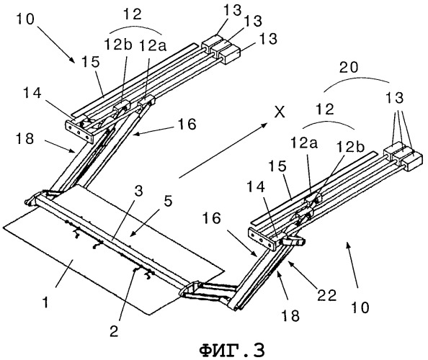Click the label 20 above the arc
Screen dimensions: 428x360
click(349, 67)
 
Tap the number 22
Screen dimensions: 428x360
click(326, 295)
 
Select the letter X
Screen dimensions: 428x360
click(280, 112)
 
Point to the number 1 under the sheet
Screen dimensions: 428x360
click(46, 302)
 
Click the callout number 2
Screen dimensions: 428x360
click(114, 331)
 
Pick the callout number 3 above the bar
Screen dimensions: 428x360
click(138, 192)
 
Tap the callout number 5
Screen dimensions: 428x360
click(168, 202)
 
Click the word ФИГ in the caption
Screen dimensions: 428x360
click(220, 351)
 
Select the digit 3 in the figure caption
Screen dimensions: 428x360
click(258, 351)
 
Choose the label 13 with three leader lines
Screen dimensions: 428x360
click(394, 97)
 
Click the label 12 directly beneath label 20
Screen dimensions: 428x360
click(326, 109)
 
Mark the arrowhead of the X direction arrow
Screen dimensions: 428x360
click(264, 125)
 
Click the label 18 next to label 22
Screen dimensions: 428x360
click(290, 315)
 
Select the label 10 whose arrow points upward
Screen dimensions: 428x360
click(360, 307)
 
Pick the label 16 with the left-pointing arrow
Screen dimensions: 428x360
click(187, 124)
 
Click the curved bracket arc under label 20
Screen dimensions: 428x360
click(357, 83)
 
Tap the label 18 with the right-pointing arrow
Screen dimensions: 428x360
click(24, 139)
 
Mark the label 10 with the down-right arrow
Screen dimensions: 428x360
click(25, 19)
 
